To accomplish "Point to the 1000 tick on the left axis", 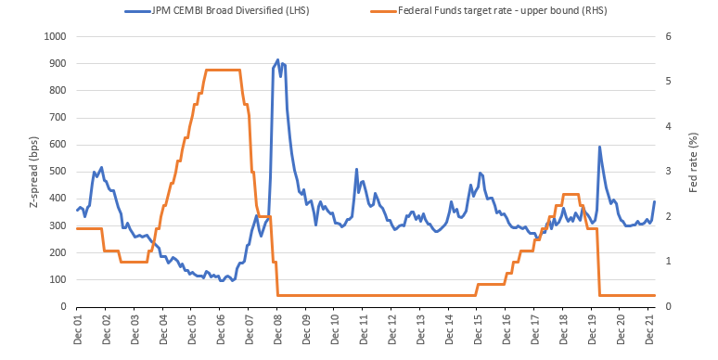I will tap(56, 36).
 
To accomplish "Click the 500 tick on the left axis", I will tap(58, 172).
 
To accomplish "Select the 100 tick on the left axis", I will tap(58, 279).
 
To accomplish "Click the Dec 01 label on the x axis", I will tap(78, 328).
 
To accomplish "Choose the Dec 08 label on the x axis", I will tap(277, 328).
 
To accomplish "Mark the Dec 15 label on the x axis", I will tap(478, 328).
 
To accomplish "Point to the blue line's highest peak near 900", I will tap(277, 60).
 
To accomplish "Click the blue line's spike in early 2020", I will tap(599, 147).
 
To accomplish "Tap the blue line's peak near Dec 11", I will tap(356, 170).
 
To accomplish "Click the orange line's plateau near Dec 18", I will tap(571, 194).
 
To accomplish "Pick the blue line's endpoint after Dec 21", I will tap(655, 201).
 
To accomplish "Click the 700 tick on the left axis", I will tap(58, 117).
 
